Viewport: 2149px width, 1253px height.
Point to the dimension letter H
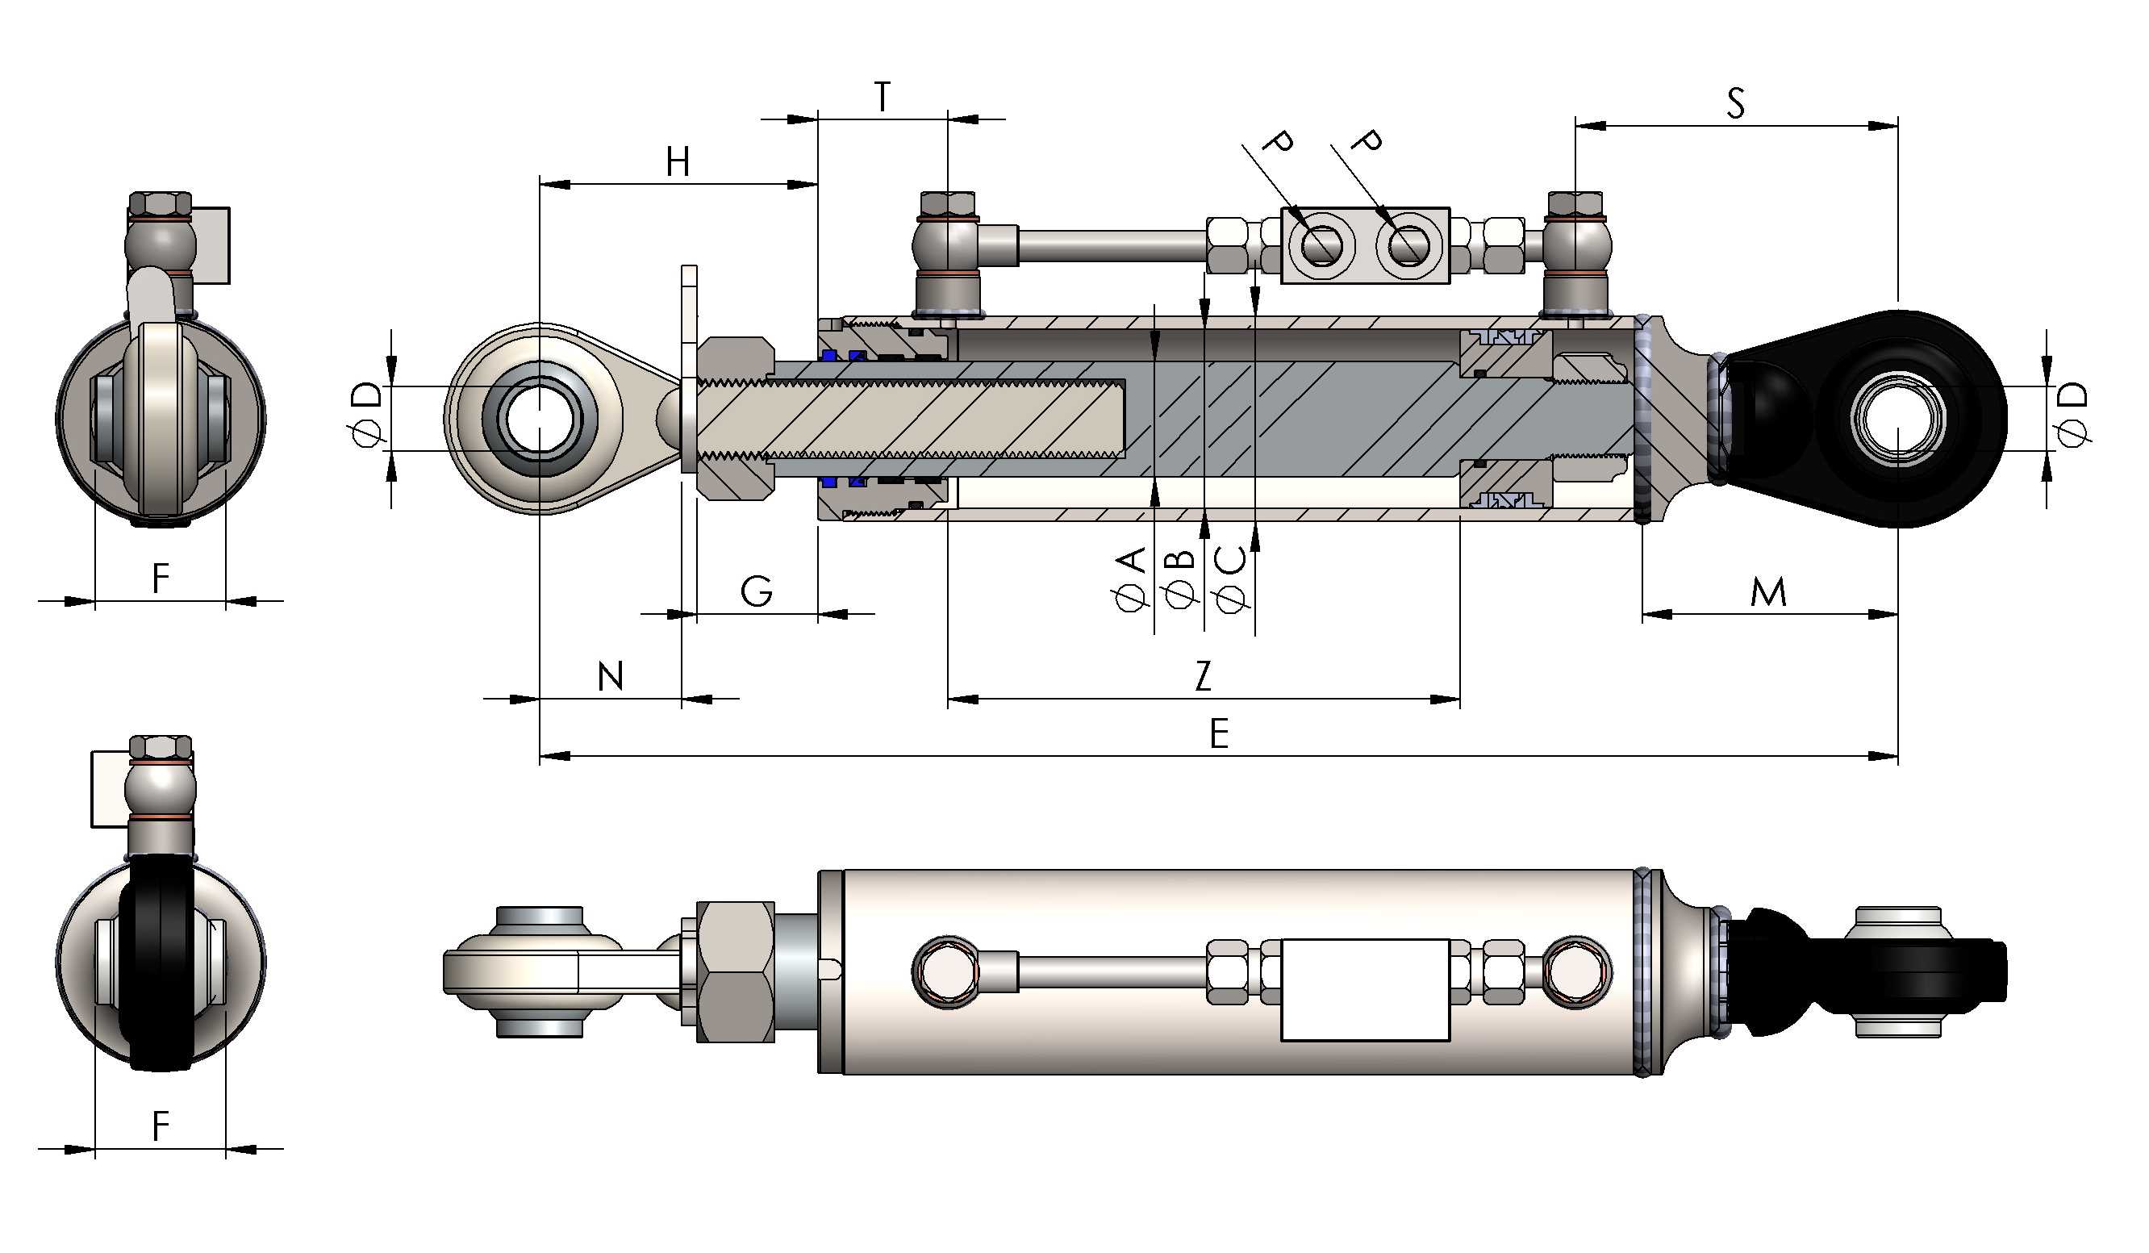677,161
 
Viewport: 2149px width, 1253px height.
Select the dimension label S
1735,103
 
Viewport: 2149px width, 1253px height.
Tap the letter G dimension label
757,591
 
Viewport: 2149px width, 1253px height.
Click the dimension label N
611,676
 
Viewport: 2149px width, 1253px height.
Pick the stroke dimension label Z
1203,676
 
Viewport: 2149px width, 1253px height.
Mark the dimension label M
1767,592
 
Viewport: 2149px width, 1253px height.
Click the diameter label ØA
1132,580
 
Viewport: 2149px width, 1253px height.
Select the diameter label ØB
1181,580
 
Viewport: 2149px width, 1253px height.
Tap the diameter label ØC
1232,580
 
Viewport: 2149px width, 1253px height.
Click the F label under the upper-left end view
161,578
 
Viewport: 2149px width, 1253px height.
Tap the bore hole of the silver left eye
539,418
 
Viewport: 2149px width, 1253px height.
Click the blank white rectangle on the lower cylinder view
1364,989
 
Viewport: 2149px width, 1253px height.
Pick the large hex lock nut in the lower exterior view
735,971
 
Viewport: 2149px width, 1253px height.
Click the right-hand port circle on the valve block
1407,245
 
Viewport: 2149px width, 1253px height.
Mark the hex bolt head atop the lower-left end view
161,746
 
